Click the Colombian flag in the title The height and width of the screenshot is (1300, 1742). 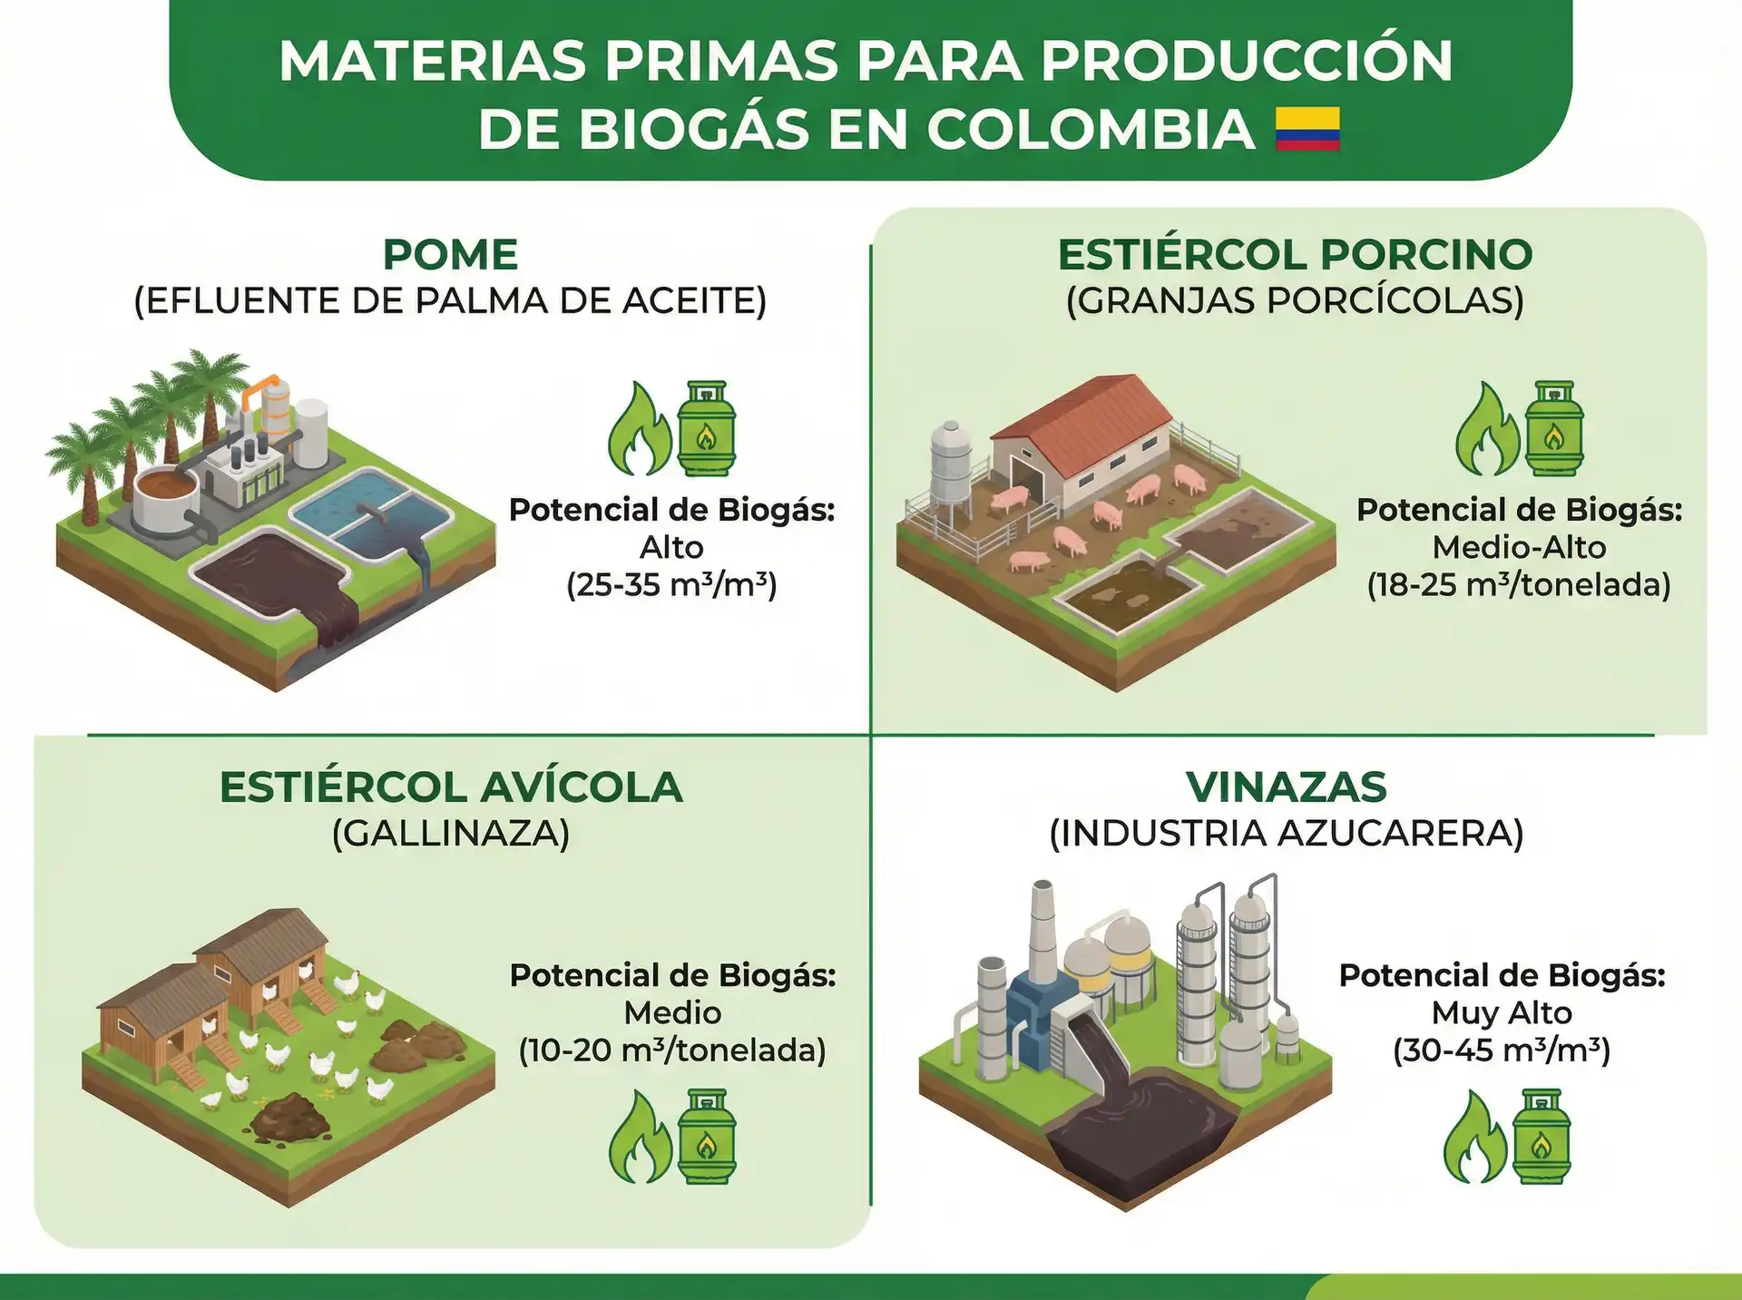1307,129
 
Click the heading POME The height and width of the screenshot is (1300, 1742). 450,254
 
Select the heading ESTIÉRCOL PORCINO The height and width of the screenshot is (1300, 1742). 1295,254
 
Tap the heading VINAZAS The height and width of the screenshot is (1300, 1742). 1287,787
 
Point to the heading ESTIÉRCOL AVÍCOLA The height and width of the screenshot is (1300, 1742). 451,787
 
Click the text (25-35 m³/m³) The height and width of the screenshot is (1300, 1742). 671,585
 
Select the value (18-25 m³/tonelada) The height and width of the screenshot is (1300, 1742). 1519,585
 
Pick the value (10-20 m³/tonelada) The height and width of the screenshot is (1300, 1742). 672,1051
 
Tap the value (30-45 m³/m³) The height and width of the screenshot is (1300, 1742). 1502,1051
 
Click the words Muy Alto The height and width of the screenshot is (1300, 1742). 1502,1012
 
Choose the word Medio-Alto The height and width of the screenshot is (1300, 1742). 1519,547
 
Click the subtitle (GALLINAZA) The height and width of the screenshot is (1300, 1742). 451,833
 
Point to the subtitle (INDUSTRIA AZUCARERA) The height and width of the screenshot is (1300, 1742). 1287,833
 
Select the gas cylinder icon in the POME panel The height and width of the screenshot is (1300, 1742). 707,428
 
